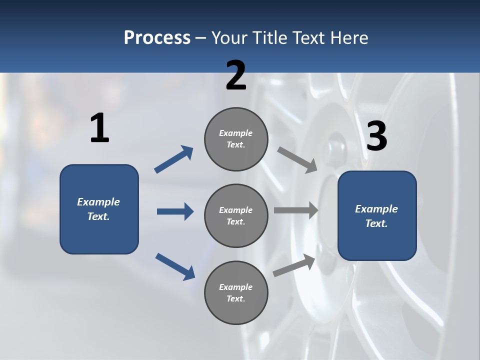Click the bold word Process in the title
click(x=157, y=38)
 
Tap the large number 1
click(x=99, y=128)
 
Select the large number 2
click(x=236, y=75)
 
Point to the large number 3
click(x=376, y=136)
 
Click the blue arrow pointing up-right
click(x=174, y=159)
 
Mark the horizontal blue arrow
click(x=175, y=211)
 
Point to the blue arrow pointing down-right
click(x=175, y=266)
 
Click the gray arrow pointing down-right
click(x=297, y=160)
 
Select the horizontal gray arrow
click(x=296, y=210)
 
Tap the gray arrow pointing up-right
click(x=294, y=265)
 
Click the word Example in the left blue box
click(x=98, y=202)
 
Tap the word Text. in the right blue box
click(x=376, y=223)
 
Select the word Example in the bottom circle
click(x=235, y=287)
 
